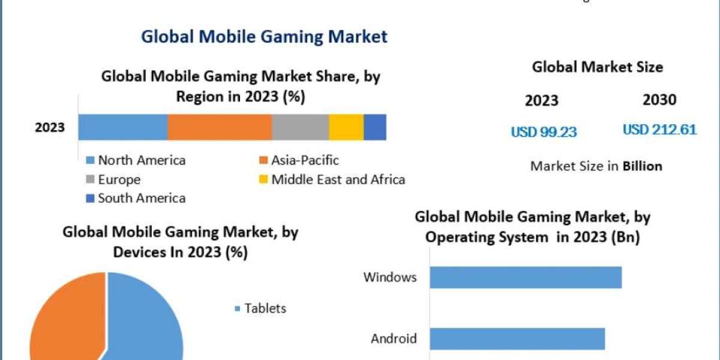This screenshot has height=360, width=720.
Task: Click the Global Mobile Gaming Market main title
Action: click(x=264, y=37)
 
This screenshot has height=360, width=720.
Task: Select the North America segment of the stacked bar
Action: click(x=122, y=127)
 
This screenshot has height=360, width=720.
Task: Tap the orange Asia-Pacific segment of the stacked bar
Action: click(x=220, y=127)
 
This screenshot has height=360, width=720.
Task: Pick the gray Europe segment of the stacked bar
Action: click(x=300, y=127)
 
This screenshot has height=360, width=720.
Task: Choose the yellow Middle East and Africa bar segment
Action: click(x=346, y=127)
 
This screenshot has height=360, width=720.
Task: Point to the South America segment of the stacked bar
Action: click(x=375, y=127)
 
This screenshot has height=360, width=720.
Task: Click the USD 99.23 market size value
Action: click(x=544, y=132)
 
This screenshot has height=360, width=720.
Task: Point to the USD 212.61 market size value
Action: click(x=659, y=130)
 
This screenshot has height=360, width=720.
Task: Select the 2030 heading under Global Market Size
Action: click(x=659, y=100)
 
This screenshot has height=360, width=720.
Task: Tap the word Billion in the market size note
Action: click(x=642, y=166)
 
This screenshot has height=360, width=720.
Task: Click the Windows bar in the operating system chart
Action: click(x=526, y=278)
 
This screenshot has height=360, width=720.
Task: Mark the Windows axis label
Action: click(x=389, y=277)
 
